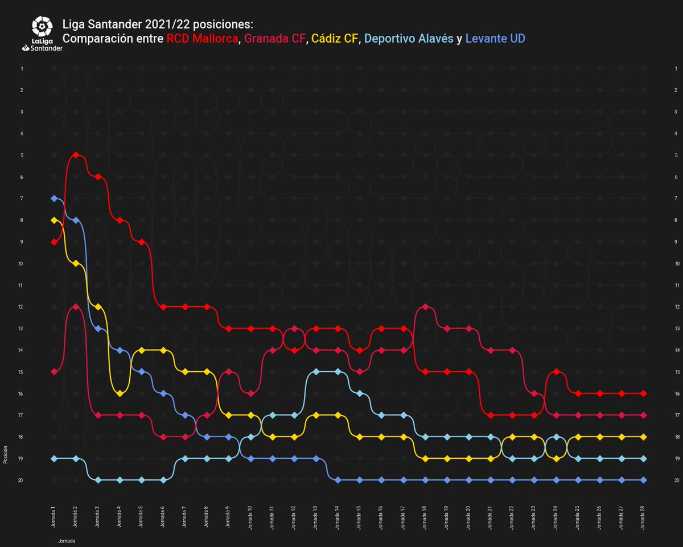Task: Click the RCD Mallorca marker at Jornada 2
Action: click(76, 155)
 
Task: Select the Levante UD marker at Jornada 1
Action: click(54, 198)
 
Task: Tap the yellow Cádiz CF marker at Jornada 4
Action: click(120, 393)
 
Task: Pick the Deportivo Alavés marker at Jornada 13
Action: click(316, 372)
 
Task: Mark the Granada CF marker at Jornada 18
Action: click(426, 307)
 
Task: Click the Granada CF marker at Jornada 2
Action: click(76, 307)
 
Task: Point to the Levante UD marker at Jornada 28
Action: click(643, 480)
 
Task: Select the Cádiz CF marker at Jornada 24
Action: click(557, 458)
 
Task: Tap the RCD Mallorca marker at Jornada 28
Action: click(643, 393)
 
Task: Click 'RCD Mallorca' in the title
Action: click(202, 39)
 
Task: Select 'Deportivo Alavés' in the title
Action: click(409, 39)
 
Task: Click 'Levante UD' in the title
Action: click(495, 39)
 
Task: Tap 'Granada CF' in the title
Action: click(275, 39)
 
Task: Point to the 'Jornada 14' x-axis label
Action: click(338, 516)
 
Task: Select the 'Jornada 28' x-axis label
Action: click(643, 516)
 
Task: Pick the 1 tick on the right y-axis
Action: click(675, 69)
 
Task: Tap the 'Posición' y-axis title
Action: click(5, 456)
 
